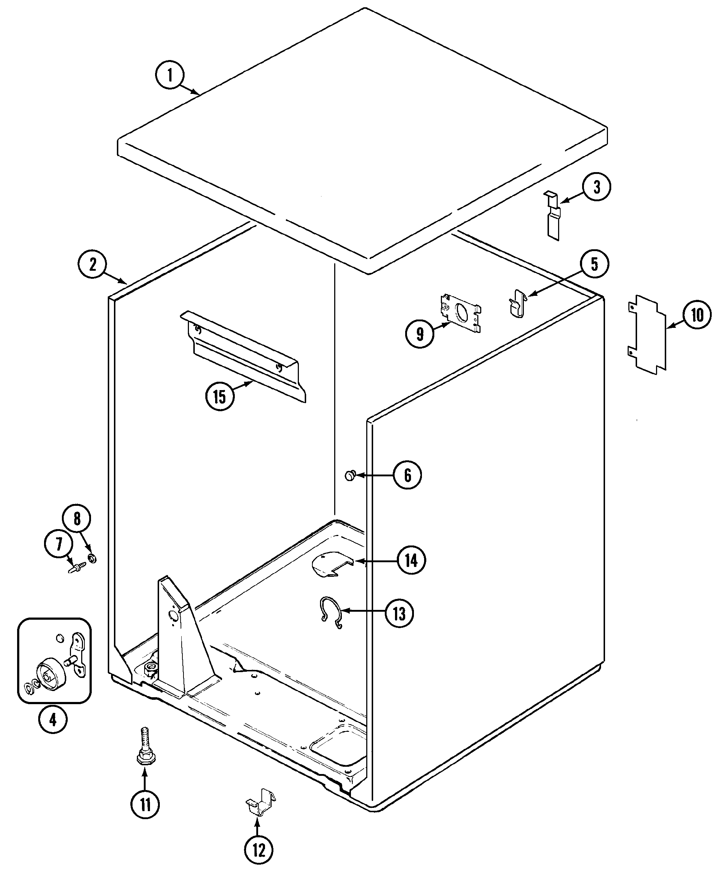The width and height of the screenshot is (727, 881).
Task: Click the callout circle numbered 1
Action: pos(170,75)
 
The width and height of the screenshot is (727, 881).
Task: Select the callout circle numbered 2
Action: pos(92,264)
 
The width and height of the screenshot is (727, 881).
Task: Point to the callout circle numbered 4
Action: pos(53,731)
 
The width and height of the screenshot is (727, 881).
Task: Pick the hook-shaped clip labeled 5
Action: pos(518,303)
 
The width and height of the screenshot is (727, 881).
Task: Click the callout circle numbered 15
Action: pos(220,396)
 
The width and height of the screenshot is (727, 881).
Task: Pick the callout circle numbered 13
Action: pos(399,614)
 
